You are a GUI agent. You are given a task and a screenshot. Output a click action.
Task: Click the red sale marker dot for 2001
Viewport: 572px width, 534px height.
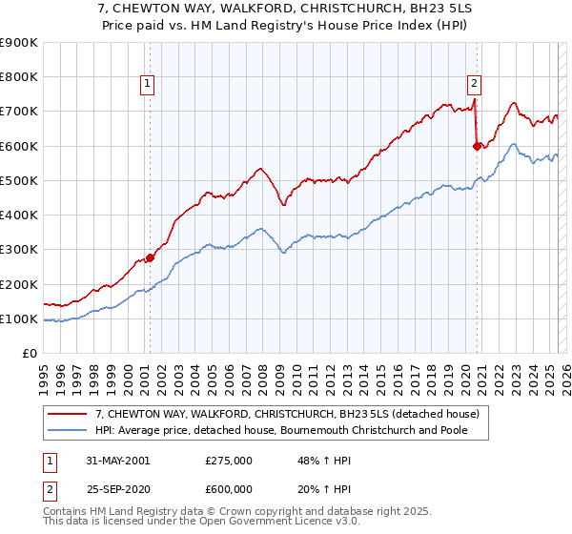tap(151, 258)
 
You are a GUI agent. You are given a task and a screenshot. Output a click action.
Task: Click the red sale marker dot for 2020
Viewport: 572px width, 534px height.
tap(477, 146)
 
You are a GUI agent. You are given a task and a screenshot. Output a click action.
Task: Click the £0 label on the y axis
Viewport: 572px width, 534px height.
tap(29, 353)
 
